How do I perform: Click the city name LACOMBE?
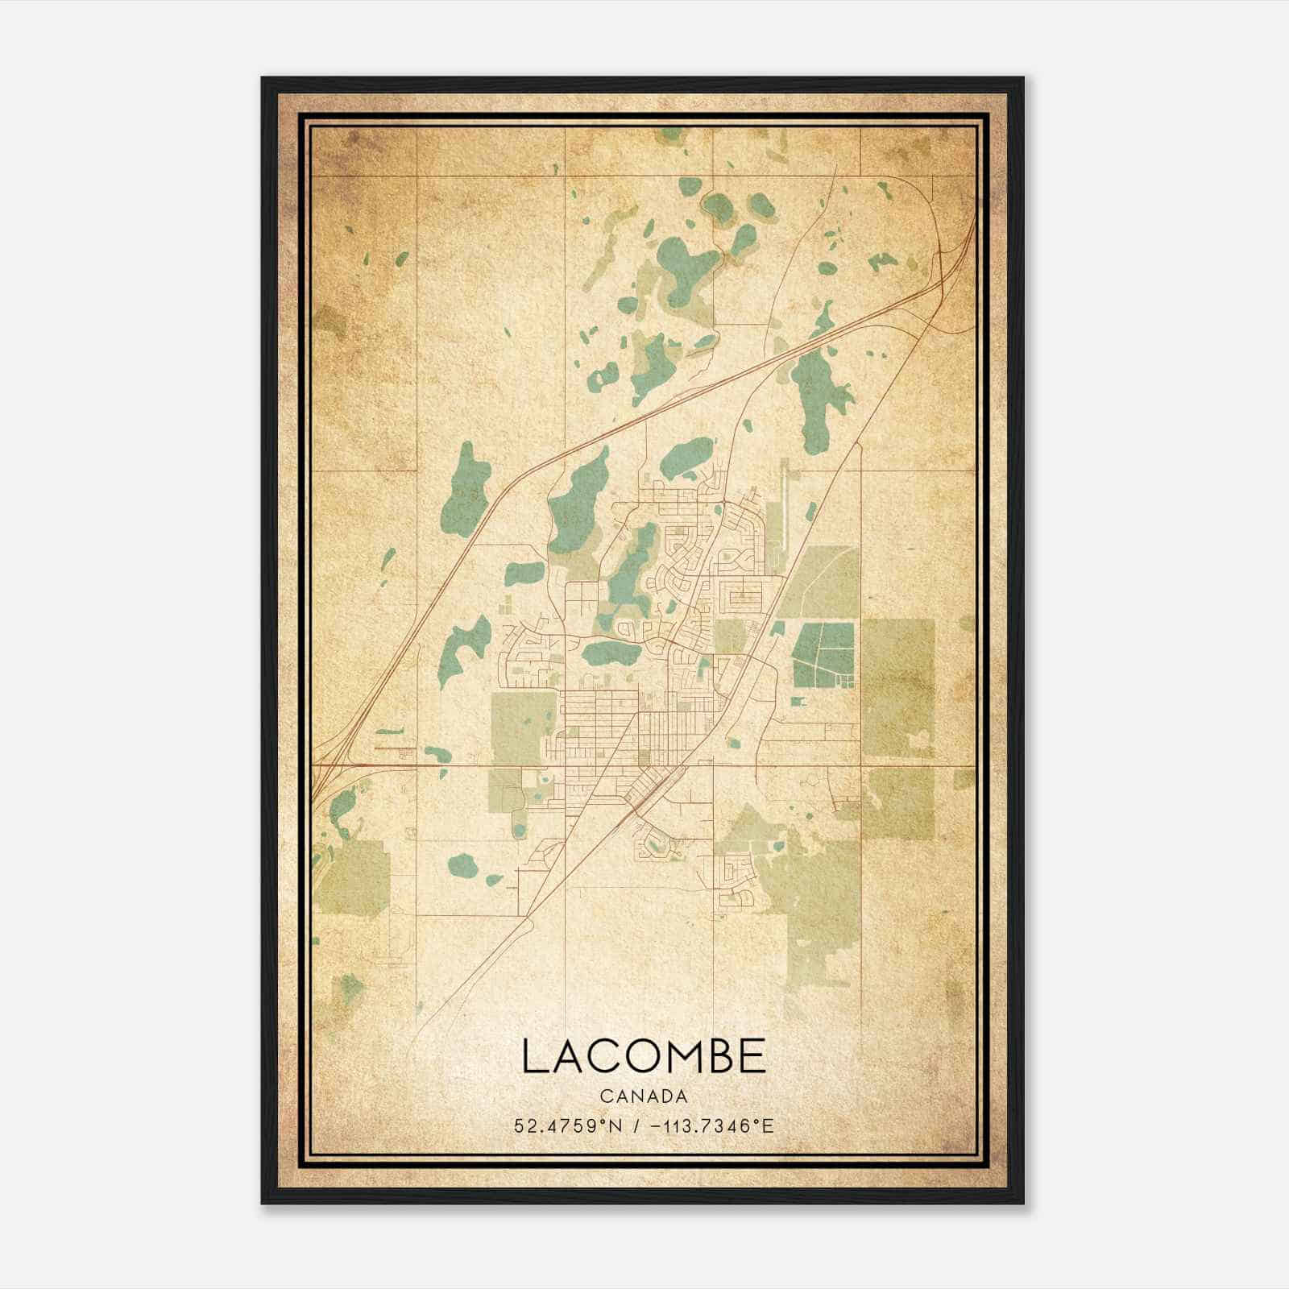tap(644, 1056)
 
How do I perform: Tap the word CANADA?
tap(644, 1096)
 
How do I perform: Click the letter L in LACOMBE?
tap(534, 1056)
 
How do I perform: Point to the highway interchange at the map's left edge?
tap(326, 769)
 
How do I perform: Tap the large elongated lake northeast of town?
tap(818, 395)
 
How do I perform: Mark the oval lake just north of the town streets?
tap(687, 457)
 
